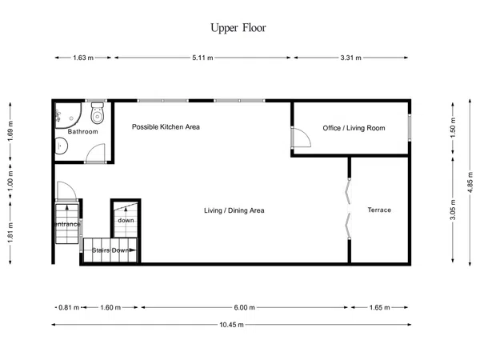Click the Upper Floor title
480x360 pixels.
tap(238, 28)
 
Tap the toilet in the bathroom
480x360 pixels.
tap(98, 113)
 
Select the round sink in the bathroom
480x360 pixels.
tap(61, 146)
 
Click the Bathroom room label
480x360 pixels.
tap(82, 132)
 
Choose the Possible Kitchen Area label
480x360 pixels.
tap(166, 126)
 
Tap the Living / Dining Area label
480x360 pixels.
tap(234, 210)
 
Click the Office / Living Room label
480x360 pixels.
tap(354, 128)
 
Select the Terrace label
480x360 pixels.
tap(379, 210)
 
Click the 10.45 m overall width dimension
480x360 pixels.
tap(231, 325)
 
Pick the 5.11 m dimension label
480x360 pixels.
tap(202, 58)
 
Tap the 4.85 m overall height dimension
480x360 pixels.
tap(470, 182)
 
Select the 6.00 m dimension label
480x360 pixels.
tap(244, 307)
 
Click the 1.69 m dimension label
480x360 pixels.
tap(10, 131)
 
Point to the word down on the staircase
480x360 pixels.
tap(126, 220)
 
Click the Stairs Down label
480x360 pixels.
tap(110, 250)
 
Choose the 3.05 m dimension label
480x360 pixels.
tap(453, 210)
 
